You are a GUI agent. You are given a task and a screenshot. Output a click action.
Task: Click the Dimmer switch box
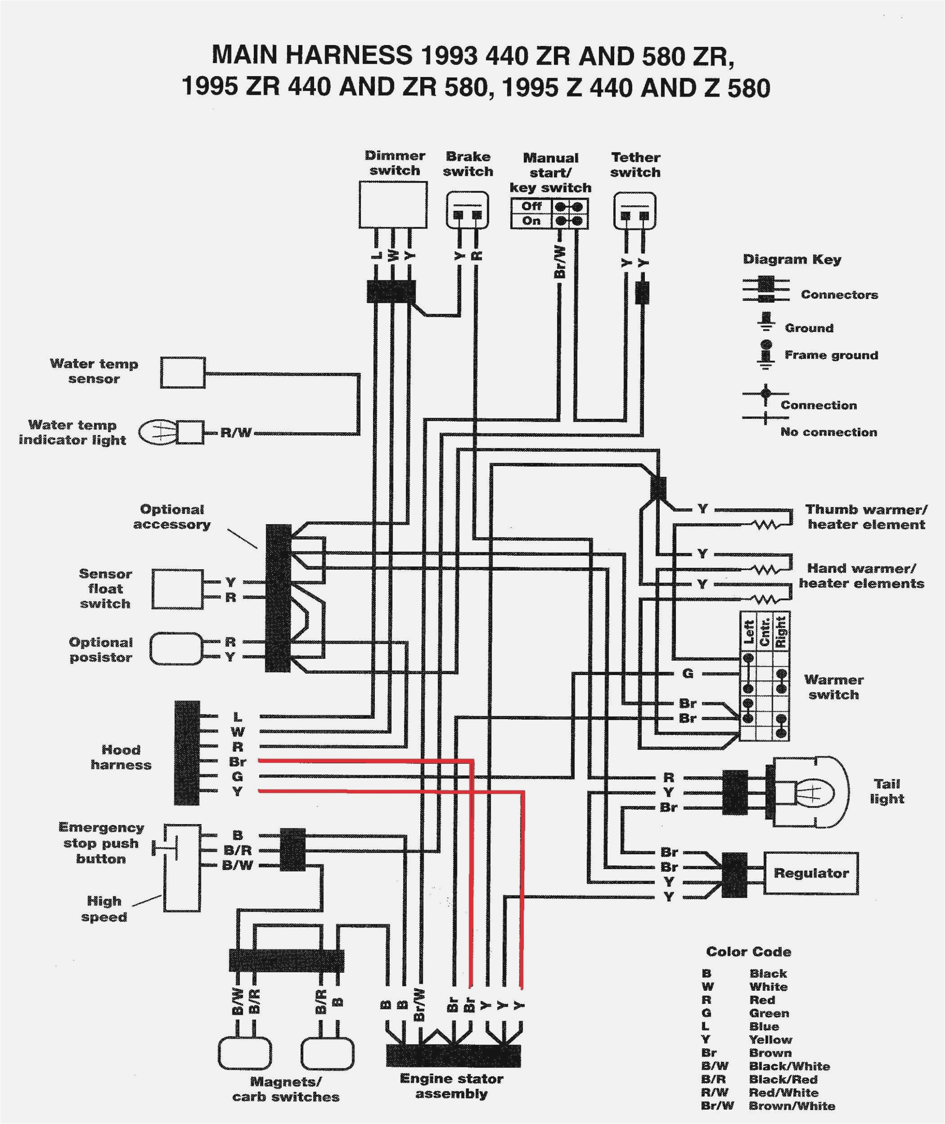pyautogui.click(x=392, y=205)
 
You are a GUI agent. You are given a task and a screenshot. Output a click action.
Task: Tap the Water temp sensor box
pyautogui.click(x=183, y=372)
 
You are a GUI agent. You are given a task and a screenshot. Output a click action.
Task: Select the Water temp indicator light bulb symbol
pyautogui.click(x=157, y=432)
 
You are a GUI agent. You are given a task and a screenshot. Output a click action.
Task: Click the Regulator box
pyautogui.click(x=810, y=873)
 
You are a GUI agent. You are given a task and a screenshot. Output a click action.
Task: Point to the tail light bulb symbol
pyautogui.click(x=812, y=791)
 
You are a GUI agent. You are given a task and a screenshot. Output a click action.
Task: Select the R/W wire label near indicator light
pyautogui.click(x=236, y=433)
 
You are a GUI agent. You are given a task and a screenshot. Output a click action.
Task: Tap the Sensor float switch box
pyautogui.click(x=177, y=589)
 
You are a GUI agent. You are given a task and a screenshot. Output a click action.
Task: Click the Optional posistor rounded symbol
pyautogui.click(x=176, y=649)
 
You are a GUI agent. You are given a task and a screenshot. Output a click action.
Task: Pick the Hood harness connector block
pyautogui.click(x=186, y=753)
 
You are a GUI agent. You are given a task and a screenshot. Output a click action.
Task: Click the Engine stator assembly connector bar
pyautogui.click(x=453, y=1055)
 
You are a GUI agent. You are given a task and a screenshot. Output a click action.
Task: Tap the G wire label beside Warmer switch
pyautogui.click(x=688, y=673)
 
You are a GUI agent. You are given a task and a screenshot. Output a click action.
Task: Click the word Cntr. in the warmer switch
pyautogui.click(x=765, y=632)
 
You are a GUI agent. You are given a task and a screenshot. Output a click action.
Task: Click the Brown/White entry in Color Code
pyautogui.click(x=792, y=1106)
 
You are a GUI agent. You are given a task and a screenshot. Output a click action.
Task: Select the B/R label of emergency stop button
pyautogui.click(x=238, y=850)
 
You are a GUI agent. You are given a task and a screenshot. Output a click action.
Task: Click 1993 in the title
pyautogui.click(x=449, y=55)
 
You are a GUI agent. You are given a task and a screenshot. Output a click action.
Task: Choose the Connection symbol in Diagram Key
pyautogui.click(x=765, y=394)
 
